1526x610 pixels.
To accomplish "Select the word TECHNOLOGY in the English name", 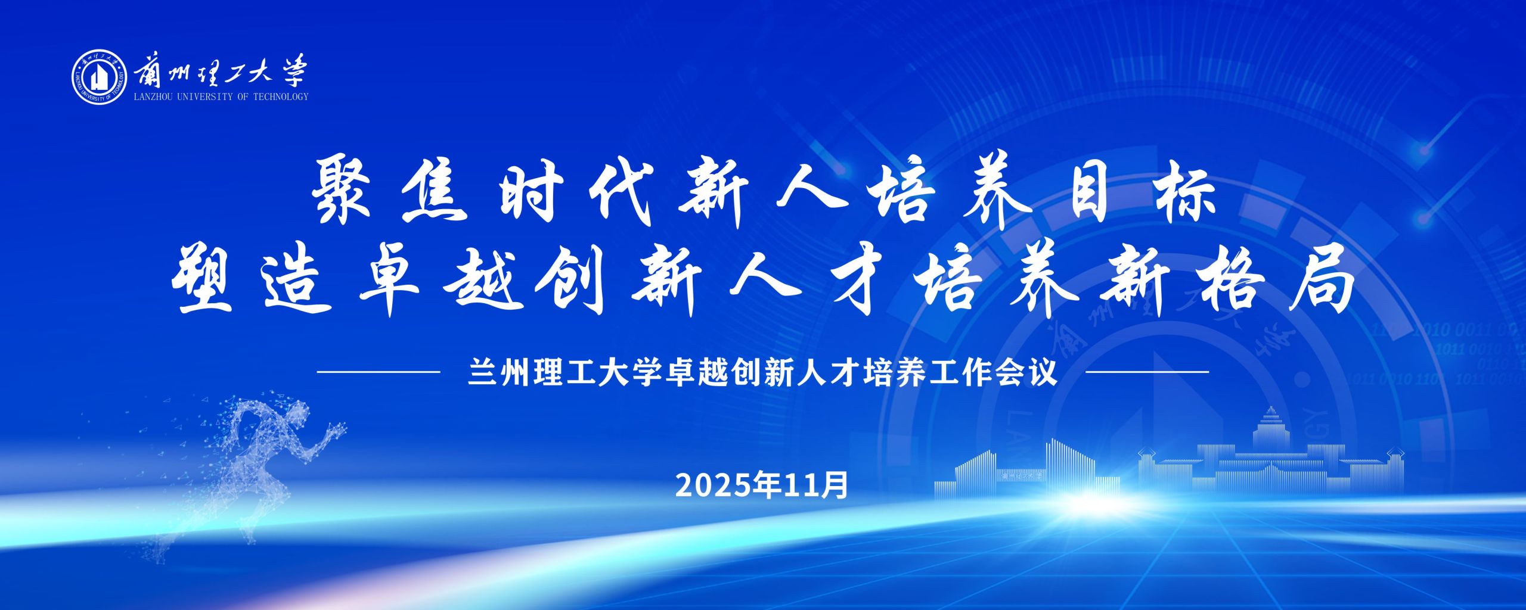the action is click(x=281, y=97).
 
